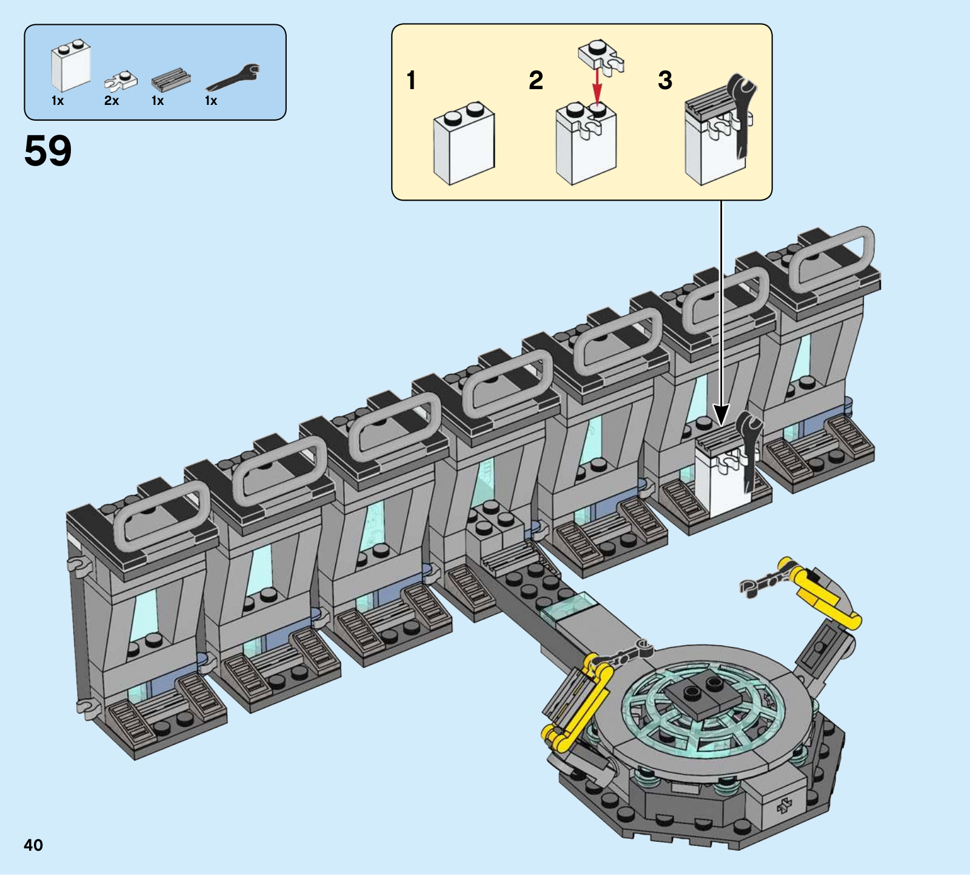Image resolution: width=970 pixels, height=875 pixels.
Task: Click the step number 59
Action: coord(48,150)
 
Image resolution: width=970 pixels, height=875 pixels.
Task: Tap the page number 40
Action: coord(33,845)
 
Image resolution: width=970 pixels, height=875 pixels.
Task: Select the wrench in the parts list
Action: coord(233,79)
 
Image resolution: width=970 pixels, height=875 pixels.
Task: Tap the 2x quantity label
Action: coord(112,101)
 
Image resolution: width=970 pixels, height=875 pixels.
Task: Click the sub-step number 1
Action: coord(412,80)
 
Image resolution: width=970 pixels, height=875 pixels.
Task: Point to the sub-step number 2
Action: coord(536,80)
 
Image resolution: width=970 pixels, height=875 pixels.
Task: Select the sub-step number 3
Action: coord(665,80)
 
